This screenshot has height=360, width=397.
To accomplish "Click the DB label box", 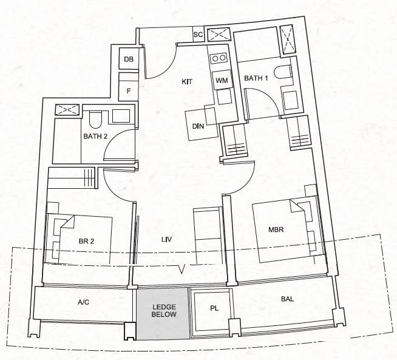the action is (129, 59).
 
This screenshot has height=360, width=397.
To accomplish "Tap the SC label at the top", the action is (198, 35).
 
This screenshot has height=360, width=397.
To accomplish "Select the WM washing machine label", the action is (222, 81).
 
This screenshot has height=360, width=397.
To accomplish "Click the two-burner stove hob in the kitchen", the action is (219, 58).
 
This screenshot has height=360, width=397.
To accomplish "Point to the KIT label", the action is (187, 82).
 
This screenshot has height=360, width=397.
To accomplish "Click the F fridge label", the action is (129, 91).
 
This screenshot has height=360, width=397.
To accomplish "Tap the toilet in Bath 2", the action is (95, 119).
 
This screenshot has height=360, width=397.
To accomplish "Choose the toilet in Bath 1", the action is (283, 72).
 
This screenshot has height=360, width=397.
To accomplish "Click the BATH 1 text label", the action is (256, 78).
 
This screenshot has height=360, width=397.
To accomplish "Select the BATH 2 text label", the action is (95, 136).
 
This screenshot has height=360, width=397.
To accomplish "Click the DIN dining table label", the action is (198, 126).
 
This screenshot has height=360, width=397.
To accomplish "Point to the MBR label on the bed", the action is (276, 229).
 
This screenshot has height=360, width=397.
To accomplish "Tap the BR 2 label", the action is (86, 241).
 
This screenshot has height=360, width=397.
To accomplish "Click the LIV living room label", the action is (167, 239).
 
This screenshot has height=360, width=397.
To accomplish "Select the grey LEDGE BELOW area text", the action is (164, 311).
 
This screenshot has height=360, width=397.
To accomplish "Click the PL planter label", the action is (214, 308).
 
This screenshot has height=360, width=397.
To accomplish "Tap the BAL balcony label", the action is (287, 299).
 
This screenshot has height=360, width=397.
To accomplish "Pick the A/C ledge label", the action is (84, 302).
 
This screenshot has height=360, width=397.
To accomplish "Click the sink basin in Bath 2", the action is (121, 116).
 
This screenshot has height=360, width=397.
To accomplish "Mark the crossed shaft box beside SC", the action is (219, 35).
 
